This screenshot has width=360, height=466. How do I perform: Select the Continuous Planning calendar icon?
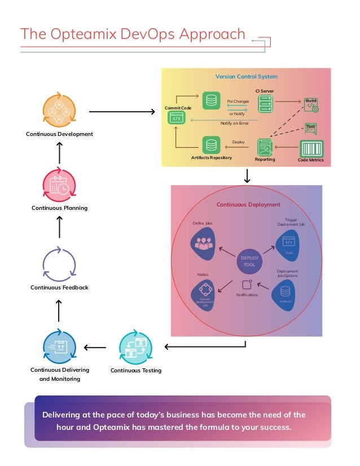(59, 184)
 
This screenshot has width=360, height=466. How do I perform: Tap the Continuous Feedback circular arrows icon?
(59, 264)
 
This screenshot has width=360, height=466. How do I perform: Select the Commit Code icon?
(175, 118)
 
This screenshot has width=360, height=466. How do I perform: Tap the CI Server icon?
(265, 103)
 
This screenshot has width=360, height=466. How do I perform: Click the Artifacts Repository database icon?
(211, 145)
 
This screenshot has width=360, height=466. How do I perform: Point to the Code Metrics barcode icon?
(311, 149)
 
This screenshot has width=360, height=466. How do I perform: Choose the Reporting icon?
(265, 147)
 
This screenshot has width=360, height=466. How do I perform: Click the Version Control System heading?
(246, 77)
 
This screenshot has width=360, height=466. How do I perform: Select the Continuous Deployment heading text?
(248, 205)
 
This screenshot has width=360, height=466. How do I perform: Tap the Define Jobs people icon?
(203, 244)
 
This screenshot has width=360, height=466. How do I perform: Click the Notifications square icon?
(247, 285)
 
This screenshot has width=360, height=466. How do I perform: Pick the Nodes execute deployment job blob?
(204, 293)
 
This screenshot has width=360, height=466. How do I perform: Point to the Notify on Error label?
(234, 124)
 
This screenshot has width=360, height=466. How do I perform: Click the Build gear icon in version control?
(311, 105)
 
